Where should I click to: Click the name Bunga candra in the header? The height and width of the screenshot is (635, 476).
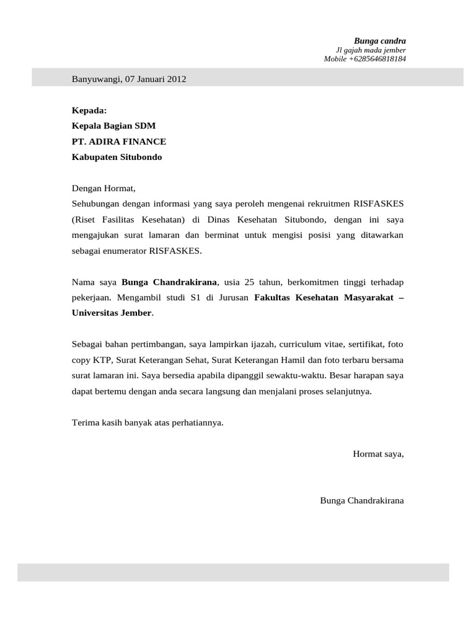[380, 41]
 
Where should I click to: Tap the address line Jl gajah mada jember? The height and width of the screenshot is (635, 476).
[371, 50]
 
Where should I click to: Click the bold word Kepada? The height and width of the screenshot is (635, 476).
[89, 110]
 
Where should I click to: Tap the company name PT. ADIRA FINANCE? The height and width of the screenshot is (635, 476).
[119, 141]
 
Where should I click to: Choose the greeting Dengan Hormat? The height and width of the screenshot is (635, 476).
[103, 188]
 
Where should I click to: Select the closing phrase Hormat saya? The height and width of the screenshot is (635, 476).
[378, 454]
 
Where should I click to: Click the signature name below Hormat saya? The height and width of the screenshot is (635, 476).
[362, 500]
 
